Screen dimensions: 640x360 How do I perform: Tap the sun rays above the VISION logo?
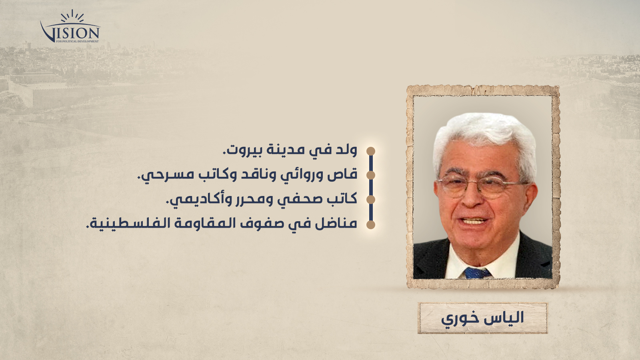point(72,16)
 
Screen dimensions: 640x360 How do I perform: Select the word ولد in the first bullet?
point(346,150)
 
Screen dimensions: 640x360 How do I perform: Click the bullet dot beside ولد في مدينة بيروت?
point(370,151)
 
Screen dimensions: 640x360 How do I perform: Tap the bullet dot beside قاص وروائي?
point(370,175)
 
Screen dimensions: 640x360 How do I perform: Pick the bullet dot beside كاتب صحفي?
point(370,200)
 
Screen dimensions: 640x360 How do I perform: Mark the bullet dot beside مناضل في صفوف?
point(370,224)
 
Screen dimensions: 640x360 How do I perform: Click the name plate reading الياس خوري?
point(482,318)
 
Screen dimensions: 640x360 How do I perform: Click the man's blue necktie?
point(478,273)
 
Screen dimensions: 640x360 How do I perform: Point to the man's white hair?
point(484,140)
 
